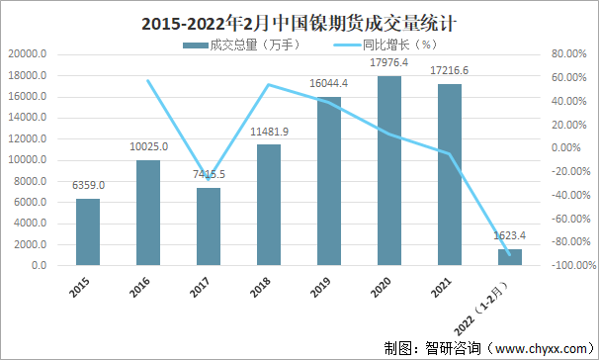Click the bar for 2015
point(88,232)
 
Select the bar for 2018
point(269,205)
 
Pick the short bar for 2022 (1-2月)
point(510,257)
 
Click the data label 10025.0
point(148,146)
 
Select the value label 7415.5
point(209,174)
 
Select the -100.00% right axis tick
point(564,266)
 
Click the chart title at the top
point(298,20)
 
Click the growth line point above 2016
point(148,80)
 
